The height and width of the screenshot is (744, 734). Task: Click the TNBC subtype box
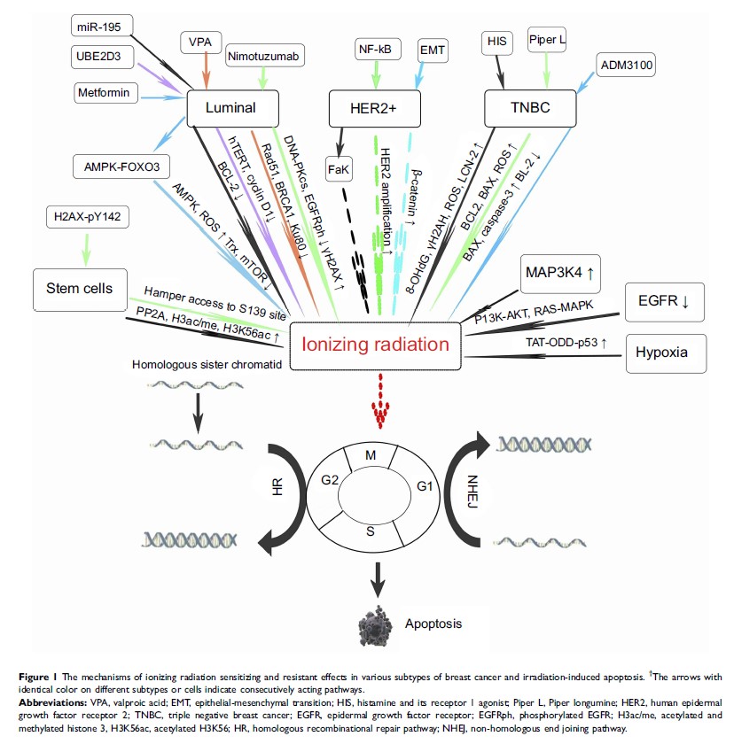pyautogui.click(x=529, y=110)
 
